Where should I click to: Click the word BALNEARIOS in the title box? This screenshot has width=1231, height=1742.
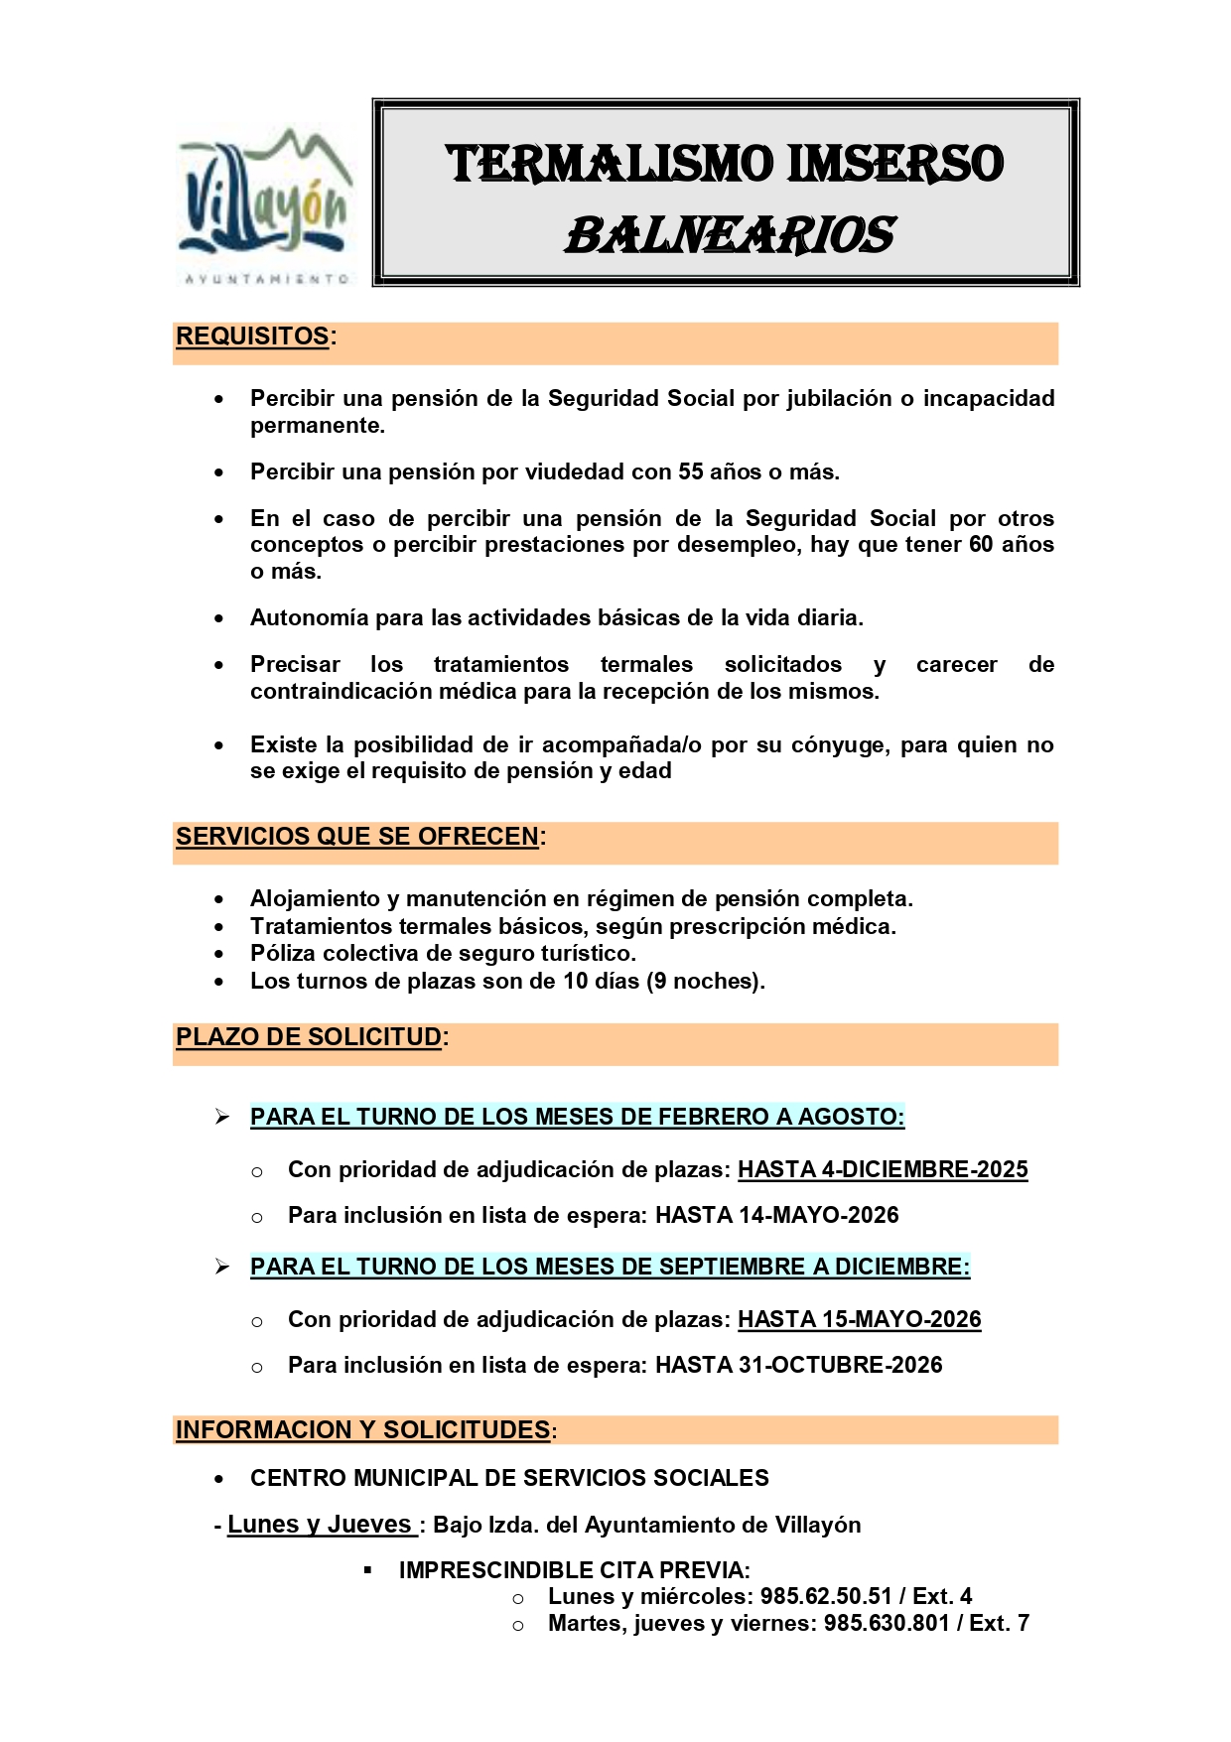coord(730,236)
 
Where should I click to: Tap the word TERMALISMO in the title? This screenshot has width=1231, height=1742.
coord(609,164)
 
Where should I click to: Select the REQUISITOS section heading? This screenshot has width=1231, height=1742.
coord(252,336)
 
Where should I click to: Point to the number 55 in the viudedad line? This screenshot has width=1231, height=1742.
coord(692,471)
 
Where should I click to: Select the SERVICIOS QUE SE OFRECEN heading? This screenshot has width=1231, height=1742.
coord(357,837)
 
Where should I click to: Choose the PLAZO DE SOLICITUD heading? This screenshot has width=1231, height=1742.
coord(309,1037)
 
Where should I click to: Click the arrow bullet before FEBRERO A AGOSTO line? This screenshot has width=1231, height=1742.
coord(222,1117)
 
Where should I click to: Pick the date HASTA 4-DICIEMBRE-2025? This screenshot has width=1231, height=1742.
coord(883,1169)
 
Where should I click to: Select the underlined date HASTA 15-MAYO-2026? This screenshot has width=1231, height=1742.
coord(859,1319)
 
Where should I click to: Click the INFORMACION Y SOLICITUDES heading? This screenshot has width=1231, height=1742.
coord(362,1430)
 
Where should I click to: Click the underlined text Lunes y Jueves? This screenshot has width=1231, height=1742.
coord(320,1525)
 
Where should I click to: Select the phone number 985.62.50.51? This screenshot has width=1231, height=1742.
coord(826,1596)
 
